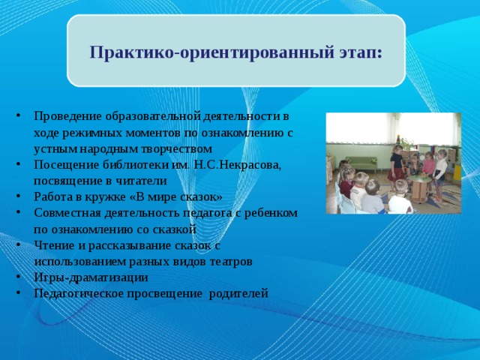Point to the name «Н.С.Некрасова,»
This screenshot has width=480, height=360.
[241, 165]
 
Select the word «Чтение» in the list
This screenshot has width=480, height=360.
[52, 245]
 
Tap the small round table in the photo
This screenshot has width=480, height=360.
[415, 182]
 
